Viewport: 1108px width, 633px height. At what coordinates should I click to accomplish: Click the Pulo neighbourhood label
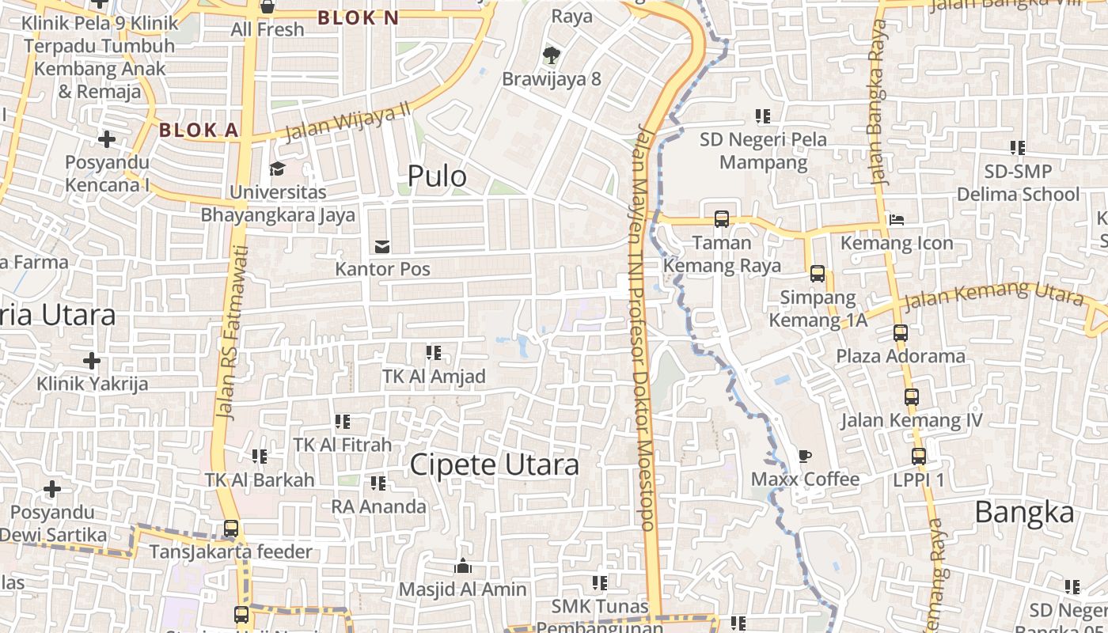click(x=437, y=176)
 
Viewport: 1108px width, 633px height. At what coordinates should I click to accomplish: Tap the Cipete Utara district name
click(x=494, y=464)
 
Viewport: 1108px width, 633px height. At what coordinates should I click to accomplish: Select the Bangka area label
click(x=1024, y=513)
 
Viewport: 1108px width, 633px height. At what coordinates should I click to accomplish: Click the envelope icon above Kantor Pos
click(x=382, y=247)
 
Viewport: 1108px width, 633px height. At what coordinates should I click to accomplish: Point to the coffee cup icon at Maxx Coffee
click(x=804, y=456)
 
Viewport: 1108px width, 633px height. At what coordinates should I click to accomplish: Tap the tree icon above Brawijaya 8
click(x=551, y=55)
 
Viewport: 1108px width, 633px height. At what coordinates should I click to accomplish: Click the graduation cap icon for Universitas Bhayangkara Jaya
click(x=277, y=169)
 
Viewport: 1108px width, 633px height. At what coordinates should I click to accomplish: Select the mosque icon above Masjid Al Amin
click(x=463, y=567)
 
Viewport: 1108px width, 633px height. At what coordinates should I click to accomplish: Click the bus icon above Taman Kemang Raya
click(x=721, y=219)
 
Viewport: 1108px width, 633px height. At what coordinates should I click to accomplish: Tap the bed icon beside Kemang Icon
click(x=897, y=219)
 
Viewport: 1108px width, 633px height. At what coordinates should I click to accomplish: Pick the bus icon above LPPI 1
click(x=918, y=457)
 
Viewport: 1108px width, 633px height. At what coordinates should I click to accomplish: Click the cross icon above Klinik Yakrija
click(x=92, y=361)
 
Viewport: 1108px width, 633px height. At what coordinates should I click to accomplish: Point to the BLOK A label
click(x=199, y=131)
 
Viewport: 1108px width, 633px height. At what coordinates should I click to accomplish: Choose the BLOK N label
click(x=359, y=17)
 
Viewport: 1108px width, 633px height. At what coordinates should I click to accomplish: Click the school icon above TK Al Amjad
click(x=433, y=353)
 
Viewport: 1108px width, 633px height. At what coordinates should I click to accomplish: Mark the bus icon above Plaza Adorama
click(x=900, y=333)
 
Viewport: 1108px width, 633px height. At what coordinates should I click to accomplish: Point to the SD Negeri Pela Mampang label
click(x=763, y=151)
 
